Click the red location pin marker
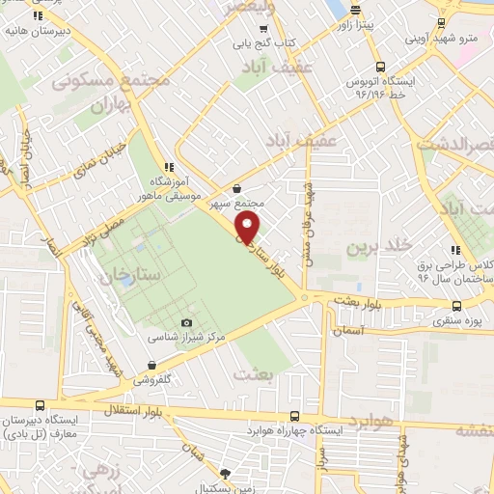(248, 230)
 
